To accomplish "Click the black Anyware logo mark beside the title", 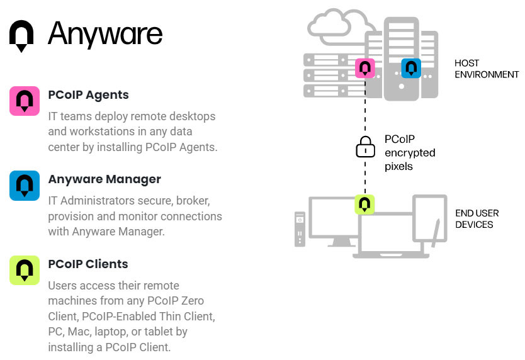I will (x=21, y=35).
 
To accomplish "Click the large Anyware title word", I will (x=106, y=33).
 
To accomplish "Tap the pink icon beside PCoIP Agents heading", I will (x=25, y=101).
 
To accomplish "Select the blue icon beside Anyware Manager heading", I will (x=25, y=185).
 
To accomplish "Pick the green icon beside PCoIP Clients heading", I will (x=25, y=269).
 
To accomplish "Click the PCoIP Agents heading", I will (x=88, y=95).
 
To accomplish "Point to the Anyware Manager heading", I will (x=104, y=179).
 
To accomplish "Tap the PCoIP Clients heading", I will (x=88, y=264).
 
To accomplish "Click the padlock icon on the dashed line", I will (x=365, y=148).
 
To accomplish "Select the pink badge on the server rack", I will (x=365, y=67).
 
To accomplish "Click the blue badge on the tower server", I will (x=411, y=67).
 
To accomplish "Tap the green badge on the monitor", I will (x=364, y=205).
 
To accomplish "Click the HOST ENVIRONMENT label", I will (x=478, y=69).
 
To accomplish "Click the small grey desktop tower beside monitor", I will (x=300, y=230).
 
